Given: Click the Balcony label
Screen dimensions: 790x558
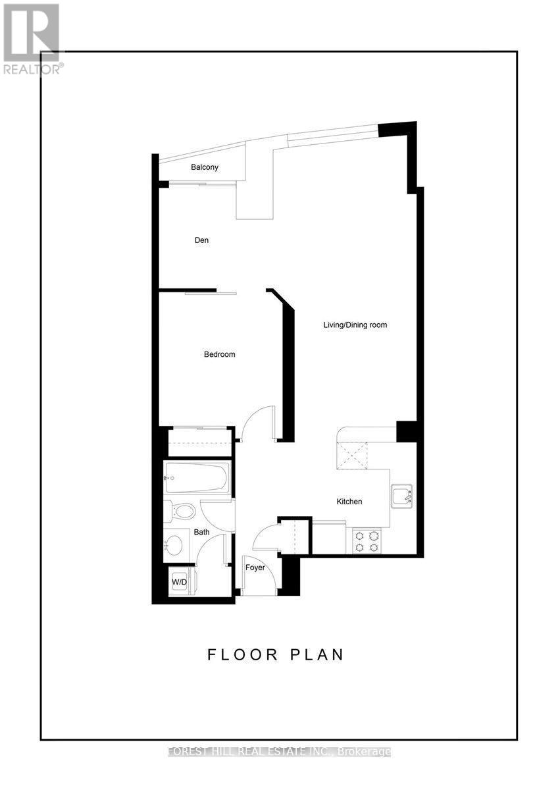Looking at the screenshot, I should point(205,167).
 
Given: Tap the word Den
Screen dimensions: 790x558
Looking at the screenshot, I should point(201,240).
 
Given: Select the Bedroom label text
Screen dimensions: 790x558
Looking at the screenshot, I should point(219,354).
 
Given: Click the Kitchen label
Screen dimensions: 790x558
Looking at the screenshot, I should point(349,502).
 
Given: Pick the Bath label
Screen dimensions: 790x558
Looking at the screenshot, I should point(201,532).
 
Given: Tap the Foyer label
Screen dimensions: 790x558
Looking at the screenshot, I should point(255,567).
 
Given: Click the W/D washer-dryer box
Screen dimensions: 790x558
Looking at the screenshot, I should point(180,582).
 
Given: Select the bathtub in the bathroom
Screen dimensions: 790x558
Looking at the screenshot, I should point(196,477).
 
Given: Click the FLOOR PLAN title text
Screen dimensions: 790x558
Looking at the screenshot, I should point(276,654).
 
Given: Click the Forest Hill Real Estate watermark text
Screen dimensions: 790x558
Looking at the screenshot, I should point(279,751).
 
